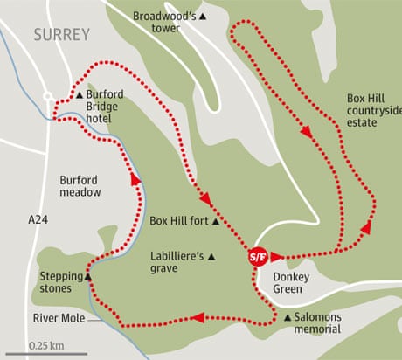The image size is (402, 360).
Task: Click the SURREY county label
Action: tap(61, 36)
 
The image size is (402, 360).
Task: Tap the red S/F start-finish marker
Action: tap(257, 257)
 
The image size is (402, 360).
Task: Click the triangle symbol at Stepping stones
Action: tap(87, 277)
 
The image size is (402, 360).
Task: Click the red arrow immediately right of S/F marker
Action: tap(277, 257)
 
